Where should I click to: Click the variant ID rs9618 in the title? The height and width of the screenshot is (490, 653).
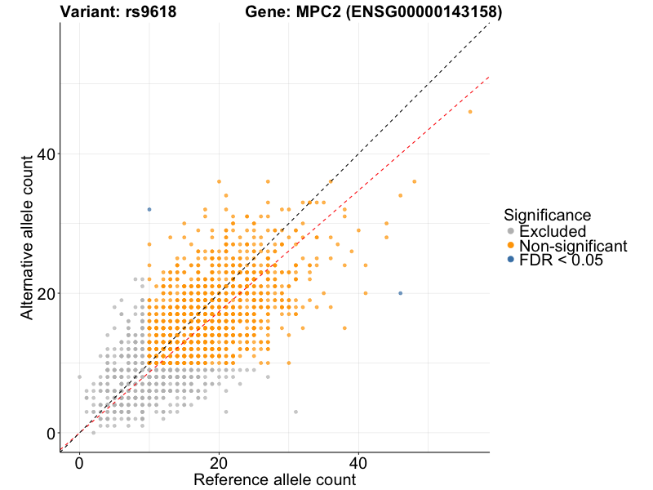[151, 12]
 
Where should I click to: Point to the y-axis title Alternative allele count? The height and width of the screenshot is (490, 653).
[28, 236]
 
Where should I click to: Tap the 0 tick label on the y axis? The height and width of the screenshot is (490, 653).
[50, 433]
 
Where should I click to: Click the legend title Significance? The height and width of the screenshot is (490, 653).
[547, 215]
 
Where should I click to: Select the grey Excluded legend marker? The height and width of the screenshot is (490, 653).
[510, 231]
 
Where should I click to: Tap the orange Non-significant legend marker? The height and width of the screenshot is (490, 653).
[510, 245]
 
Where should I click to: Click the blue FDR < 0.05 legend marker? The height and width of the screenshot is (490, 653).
[510, 260]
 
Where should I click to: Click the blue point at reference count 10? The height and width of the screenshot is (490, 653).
[149, 210]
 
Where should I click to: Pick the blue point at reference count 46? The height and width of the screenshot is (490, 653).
[400, 293]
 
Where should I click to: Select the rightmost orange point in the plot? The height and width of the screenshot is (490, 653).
[469, 112]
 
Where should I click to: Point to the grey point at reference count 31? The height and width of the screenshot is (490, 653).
[295, 412]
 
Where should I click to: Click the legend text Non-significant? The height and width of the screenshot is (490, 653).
[573, 245]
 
